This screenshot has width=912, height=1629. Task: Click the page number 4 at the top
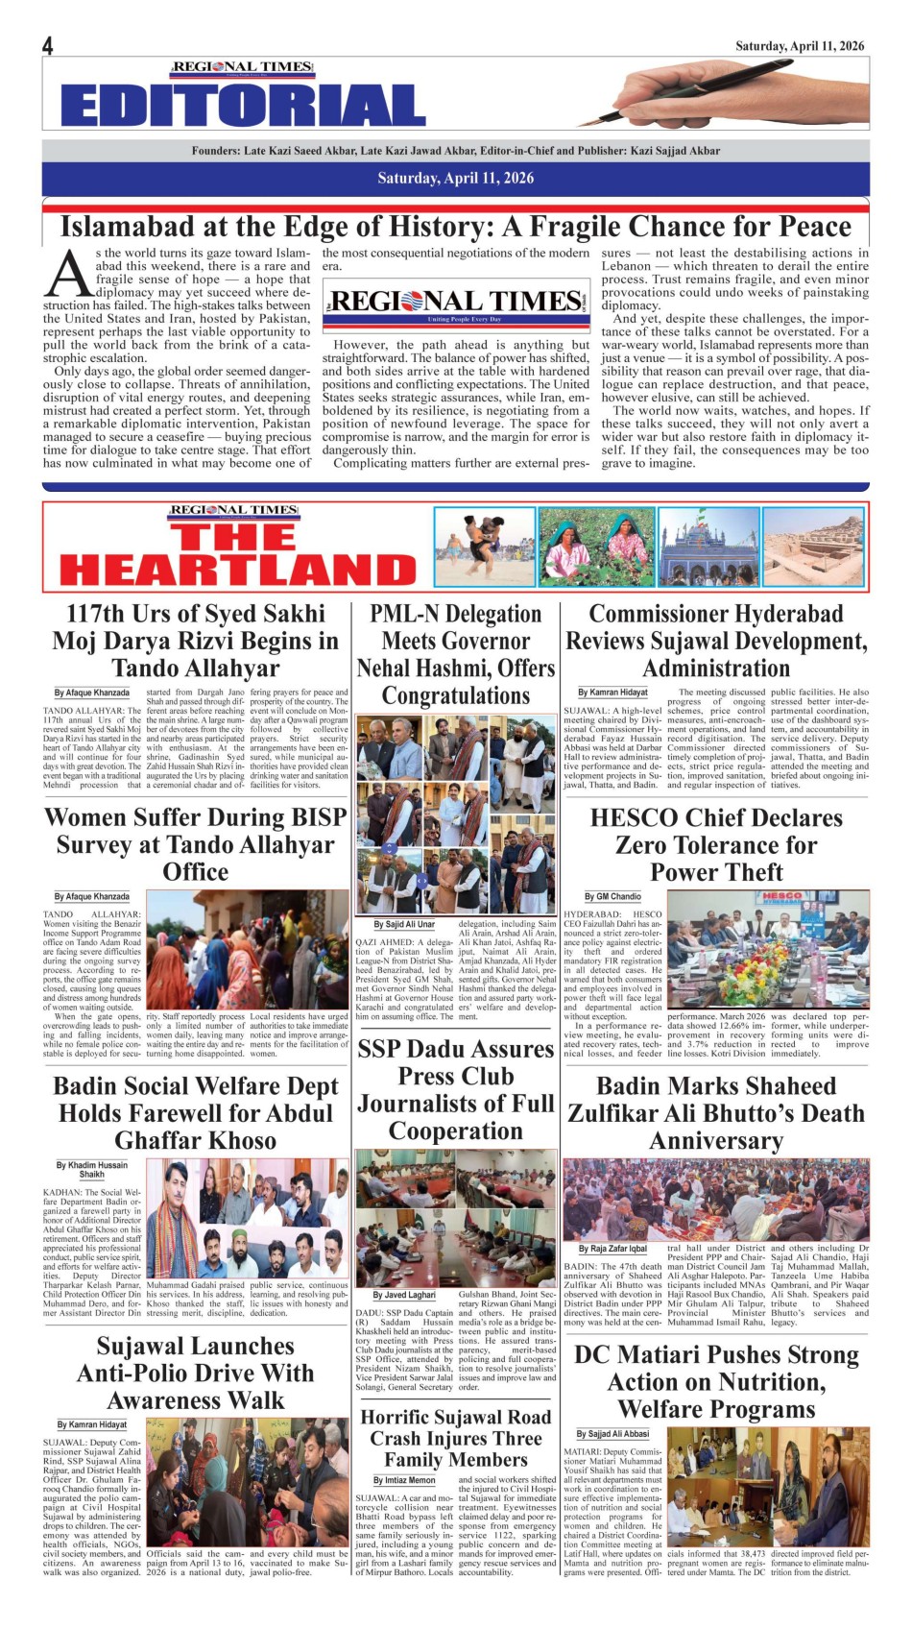[x=48, y=45]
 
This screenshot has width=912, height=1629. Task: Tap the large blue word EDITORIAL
[x=242, y=106]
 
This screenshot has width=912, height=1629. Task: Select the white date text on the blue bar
[x=455, y=178]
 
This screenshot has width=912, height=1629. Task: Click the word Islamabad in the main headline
[x=132, y=227]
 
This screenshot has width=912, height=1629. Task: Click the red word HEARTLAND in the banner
[x=237, y=570]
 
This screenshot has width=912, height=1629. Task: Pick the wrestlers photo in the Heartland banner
[x=483, y=547]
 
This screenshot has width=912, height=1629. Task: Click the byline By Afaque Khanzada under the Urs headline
[x=91, y=693]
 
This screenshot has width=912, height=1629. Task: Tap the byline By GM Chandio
[x=612, y=896]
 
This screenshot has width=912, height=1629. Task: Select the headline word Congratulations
[x=455, y=695]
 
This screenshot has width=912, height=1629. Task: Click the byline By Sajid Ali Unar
[x=404, y=924]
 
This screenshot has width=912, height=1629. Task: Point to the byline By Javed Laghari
[x=404, y=1295]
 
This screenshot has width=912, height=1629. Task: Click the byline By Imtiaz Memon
[x=404, y=1480]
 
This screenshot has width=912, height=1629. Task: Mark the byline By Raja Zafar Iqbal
[x=612, y=1249]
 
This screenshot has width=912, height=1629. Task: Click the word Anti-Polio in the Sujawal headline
[x=139, y=1374]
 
